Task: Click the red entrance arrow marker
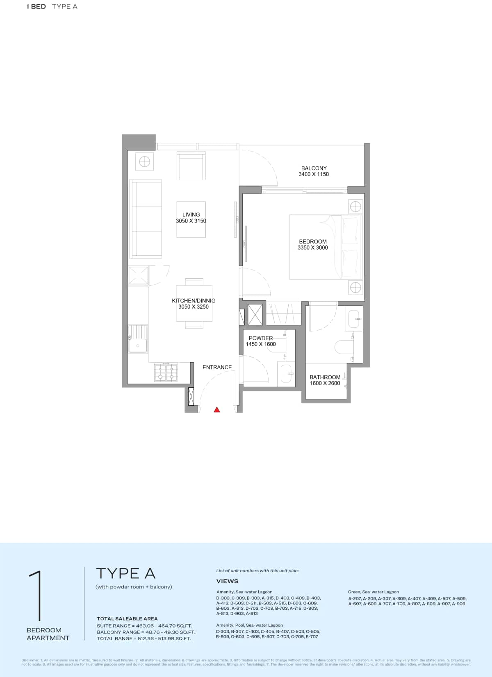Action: pos(217,409)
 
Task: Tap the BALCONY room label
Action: pos(314,168)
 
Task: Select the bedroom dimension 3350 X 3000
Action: pos(312,248)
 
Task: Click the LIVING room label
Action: pos(191,214)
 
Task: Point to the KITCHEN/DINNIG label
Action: pos(194,300)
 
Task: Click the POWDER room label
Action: pos(260,338)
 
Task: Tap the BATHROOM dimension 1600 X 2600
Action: pos(325,383)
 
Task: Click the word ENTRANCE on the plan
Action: pos(217,367)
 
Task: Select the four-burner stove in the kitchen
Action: pos(166,372)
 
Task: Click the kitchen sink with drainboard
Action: pos(138,339)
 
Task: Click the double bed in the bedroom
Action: pos(326,247)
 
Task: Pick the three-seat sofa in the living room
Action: pos(146,220)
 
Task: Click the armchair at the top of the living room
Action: pos(191,166)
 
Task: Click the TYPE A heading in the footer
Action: pos(125,573)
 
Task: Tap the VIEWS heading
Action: pos(227,581)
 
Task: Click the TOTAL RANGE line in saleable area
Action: pos(144,638)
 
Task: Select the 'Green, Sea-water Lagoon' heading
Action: pos(373,592)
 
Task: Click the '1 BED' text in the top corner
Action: pos(36,7)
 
